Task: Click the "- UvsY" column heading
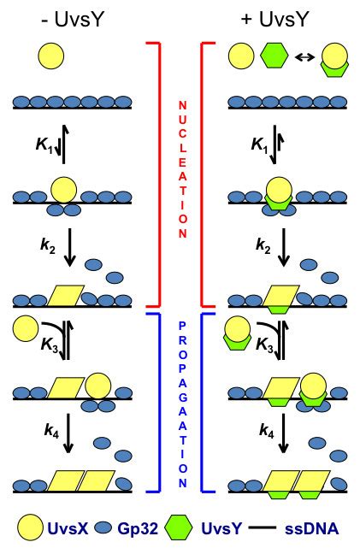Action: (73, 19)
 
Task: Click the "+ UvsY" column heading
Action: (274, 19)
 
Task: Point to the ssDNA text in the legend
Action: (312, 528)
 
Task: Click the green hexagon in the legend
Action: (179, 527)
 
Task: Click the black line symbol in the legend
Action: (262, 527)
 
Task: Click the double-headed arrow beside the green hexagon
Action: (304, 56)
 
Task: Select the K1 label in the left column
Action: (44, 144)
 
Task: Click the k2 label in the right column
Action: (263, 245)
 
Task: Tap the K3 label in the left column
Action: (50, 345)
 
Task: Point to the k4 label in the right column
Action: (266, 431)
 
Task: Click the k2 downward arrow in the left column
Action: (70, 247)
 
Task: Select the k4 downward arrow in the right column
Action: (284, 433)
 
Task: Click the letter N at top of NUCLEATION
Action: (183, 105)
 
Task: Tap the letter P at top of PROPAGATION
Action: (183, 326)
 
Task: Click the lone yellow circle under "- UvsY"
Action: (51, 56)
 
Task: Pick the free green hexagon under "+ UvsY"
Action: (274, 56)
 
